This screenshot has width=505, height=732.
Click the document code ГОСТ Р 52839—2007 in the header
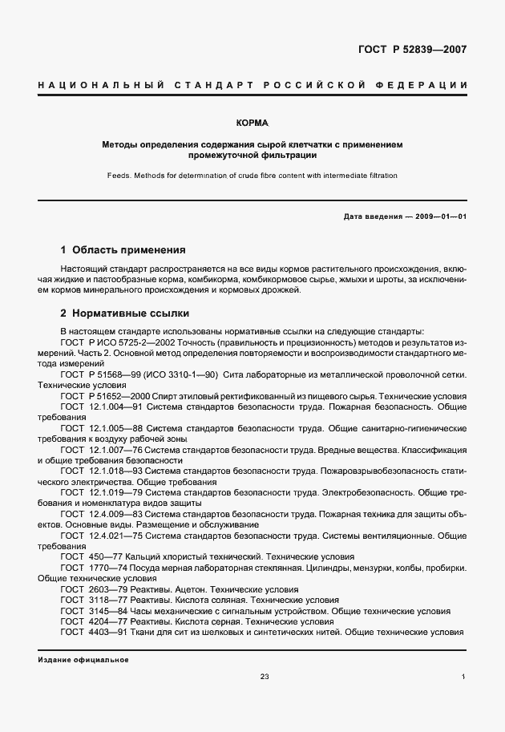pos(411,50)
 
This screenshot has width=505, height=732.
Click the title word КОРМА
pos(252,124)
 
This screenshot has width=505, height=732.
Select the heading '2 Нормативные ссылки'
pos(125,313)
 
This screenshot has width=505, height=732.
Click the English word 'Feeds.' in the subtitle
pos(121,175)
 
